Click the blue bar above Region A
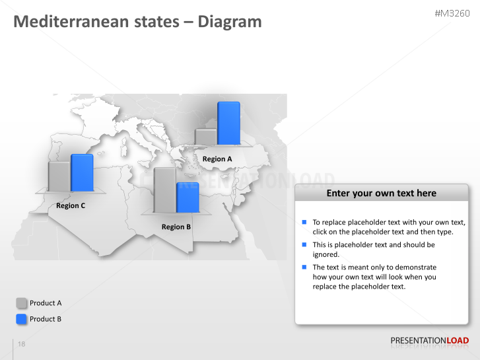point(228,123)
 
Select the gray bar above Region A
point(206,137)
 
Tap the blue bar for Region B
point(188,198)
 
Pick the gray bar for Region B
point(165,190)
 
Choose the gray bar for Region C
point(59,176)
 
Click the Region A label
point(217,159)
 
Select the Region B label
point(176,227)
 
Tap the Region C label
point(71,205)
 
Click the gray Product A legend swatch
point(22,303)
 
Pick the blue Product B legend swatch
point(22,319)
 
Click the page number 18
point(22,344)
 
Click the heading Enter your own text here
point(381,193)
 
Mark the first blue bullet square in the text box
point(304,222)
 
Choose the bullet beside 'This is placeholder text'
point(304,244)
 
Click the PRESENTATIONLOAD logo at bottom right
point(429,341)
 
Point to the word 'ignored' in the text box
point(326,254)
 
